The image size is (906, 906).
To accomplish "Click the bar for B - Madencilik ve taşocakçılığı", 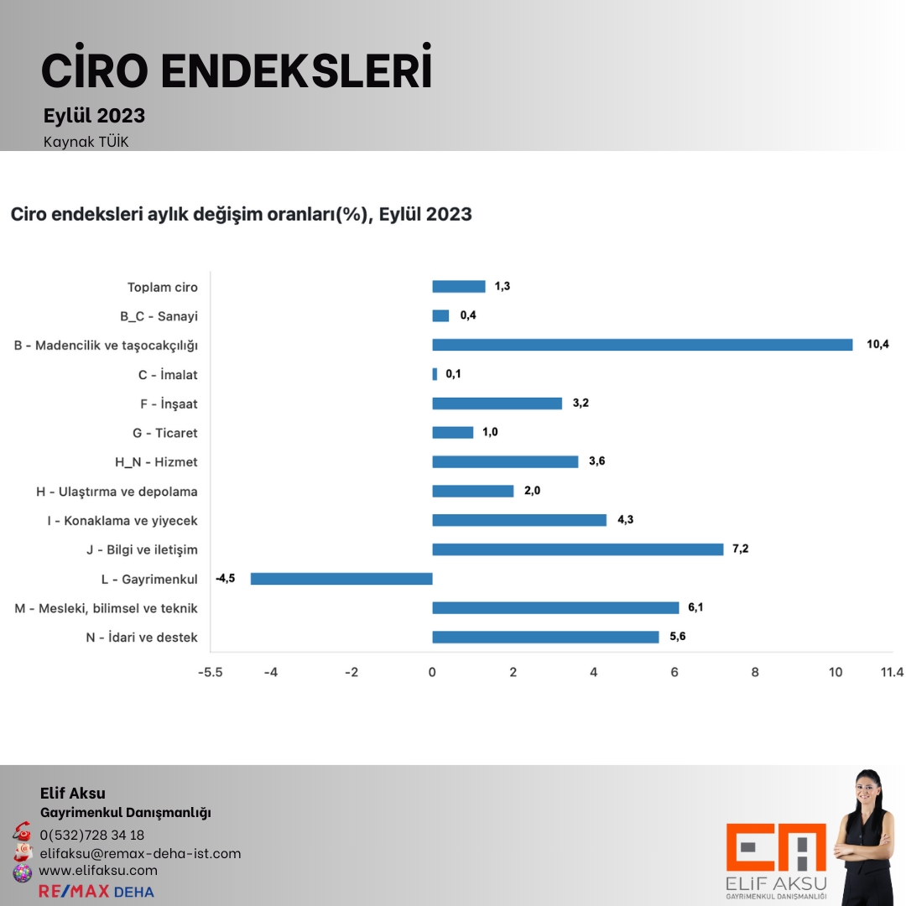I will click(x=642, y=345).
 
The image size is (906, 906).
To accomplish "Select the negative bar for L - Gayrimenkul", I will click(x=341, y=578).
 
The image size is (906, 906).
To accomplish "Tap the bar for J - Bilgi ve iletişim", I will click(x=577, y=549).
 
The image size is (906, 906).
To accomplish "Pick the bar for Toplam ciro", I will click(x=458, y=286).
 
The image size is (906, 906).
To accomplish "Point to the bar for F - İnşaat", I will click(x=497, y=404).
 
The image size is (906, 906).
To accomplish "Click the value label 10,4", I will click(x=877, y=344).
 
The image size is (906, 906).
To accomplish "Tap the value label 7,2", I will click(x=740, y=549).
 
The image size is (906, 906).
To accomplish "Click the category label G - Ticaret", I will click(x=165, y=433).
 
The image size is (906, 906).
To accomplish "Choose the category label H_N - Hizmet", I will click(x=157, y=462).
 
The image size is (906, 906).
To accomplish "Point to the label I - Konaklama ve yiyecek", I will click(x=122, y=521).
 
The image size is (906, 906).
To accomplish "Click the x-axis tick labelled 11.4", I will click(x=892, y=672).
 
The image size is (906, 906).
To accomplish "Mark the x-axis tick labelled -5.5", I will click(x=210, y=672).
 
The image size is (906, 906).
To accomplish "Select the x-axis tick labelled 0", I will click(x=432, y=672).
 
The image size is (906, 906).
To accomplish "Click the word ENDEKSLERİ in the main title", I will click(x=296, y=71).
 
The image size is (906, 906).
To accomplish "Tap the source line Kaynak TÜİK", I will click(x=86, y=142).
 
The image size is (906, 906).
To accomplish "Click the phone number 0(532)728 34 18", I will click(x=91, y=835).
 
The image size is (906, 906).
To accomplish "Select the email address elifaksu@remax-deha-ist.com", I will click(x=140, y=853).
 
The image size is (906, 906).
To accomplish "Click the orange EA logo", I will click(x=776, y=848).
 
